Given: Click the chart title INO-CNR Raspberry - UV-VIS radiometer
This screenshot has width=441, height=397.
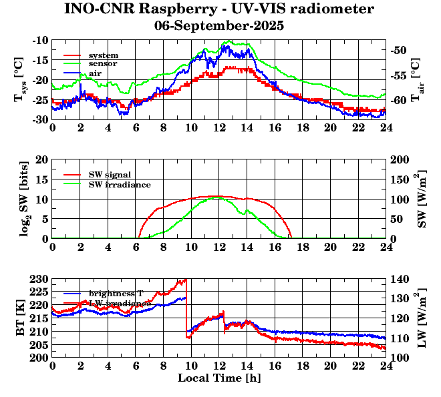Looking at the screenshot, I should coord(219,9).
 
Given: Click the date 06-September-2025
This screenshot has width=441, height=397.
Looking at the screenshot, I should coord(219,26).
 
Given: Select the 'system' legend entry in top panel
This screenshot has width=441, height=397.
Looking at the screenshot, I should coord(103,55).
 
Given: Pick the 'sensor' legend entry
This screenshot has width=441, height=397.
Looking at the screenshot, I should coord(103,64).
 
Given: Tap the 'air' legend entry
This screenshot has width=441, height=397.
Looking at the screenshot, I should coord(96,73).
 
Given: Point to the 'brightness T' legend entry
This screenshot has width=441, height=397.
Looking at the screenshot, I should coord(116,294).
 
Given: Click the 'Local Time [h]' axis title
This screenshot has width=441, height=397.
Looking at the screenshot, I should coord(218,378).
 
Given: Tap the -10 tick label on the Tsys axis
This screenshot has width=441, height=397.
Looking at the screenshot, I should coord(39,41).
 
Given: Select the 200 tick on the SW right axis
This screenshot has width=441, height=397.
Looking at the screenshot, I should coord(400,160).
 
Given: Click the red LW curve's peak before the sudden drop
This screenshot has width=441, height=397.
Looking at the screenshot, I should coord(184,280).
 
